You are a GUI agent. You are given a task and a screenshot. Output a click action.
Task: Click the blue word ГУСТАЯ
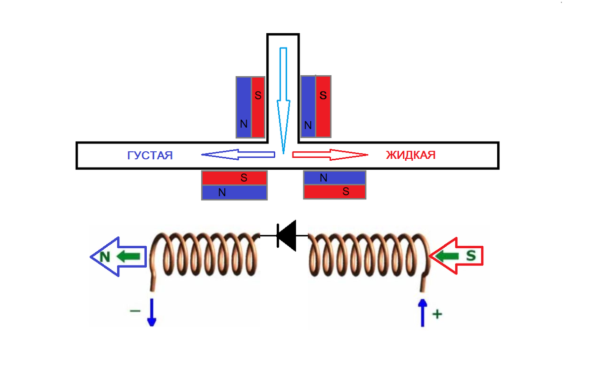click(x=150, y=155)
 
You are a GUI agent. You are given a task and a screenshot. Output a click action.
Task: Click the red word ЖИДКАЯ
click(x=411, y=155)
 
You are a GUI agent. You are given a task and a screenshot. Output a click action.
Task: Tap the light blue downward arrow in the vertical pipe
click(x=283, y=101)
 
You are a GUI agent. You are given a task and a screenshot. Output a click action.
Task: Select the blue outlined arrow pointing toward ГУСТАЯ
click(x=238, y=154)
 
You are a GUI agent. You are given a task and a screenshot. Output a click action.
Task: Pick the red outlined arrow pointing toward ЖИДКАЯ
click(x=330, y=155)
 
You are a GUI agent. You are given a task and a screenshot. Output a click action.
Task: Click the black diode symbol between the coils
click(x=287, y=235)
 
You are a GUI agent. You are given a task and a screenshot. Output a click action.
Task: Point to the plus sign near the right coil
click(x=437, y=314)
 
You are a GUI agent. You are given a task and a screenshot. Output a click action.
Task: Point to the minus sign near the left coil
click(x=135, y=311)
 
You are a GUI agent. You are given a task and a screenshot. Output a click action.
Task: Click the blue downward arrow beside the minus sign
click(x=152, y=313)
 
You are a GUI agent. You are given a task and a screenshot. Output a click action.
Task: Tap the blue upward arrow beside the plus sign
click(x=423, y=313)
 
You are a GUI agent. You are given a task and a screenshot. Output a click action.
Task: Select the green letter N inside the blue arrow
click(x=105, y=257)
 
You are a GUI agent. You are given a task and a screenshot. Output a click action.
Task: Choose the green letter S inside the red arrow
click(x=471, y=256)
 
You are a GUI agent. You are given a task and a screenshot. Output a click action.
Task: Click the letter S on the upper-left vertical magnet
click(x=258, y=95)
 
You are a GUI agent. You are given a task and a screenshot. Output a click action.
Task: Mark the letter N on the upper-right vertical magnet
click(x=308, y=125)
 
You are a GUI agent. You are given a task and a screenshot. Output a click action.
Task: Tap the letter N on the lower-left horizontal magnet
click(x=222, y=192)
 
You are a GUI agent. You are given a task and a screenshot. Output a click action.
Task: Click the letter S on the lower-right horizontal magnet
click(x=346, y=191)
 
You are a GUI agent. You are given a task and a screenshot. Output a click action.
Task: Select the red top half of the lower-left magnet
click(x=234, y=178)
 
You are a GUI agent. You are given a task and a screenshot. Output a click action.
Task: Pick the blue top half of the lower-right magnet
click(x=335, y=178)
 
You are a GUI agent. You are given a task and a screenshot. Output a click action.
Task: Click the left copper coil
click(x=204, y=255)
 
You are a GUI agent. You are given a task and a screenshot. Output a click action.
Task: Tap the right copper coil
click(x=369, y=255)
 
